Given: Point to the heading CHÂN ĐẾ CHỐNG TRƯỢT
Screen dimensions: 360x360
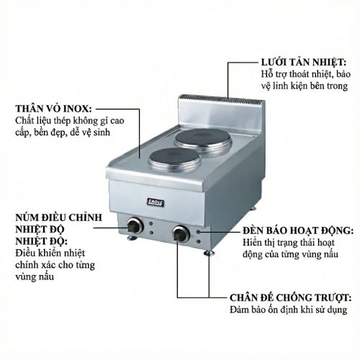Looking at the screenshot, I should pos(291,297).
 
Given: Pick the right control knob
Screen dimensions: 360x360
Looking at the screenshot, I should pos(180,233).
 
